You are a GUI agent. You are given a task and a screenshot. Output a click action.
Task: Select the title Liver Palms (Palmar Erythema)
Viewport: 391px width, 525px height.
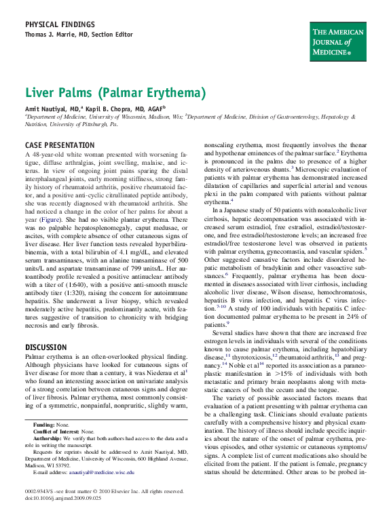click(115, 92)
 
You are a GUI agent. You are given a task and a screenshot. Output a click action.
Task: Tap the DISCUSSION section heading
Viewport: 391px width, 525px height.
click(45, 347)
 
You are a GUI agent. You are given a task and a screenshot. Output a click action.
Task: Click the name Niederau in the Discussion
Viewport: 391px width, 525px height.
click(167, 372)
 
